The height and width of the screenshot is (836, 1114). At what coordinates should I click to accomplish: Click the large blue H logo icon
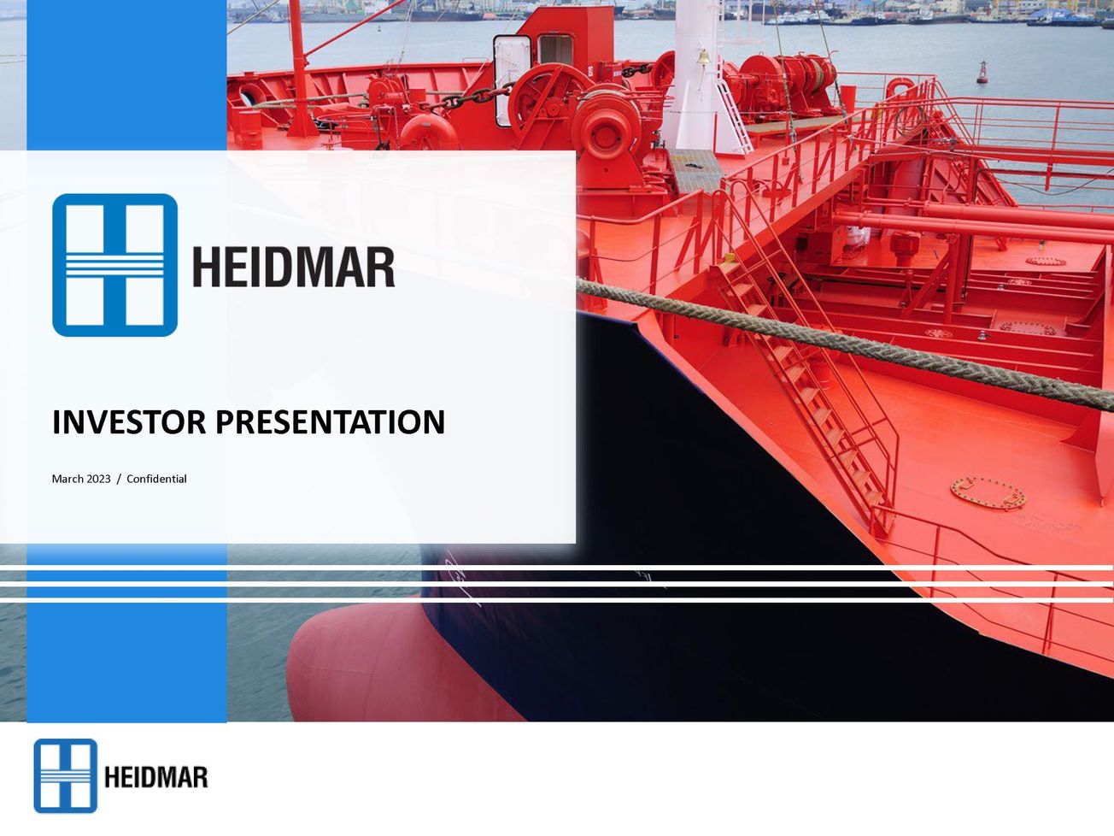(114, 265)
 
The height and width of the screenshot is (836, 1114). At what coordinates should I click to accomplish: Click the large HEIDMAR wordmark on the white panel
(293, 267)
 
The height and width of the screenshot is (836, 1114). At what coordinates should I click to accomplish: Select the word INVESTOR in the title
(129, 422)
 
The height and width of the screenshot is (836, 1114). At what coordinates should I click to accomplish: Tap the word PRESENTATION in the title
(330, 422)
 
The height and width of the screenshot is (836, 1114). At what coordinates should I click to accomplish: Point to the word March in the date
(67, 479)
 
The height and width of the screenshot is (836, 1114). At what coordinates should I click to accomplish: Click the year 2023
(98, 479)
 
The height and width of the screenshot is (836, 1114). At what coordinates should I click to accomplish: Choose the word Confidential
(156, 479)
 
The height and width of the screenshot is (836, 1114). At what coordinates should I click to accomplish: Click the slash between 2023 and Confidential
(119, 479)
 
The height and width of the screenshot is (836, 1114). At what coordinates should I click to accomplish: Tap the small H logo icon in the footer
(65, 775)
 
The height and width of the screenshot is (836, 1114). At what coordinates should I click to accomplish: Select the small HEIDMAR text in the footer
(155, 777)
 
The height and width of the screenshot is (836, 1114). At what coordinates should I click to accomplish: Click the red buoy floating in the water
(982, 73)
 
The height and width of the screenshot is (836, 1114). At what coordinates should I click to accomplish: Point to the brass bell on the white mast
(702, 58)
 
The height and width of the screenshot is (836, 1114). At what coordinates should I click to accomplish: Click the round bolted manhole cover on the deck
(988, 492)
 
